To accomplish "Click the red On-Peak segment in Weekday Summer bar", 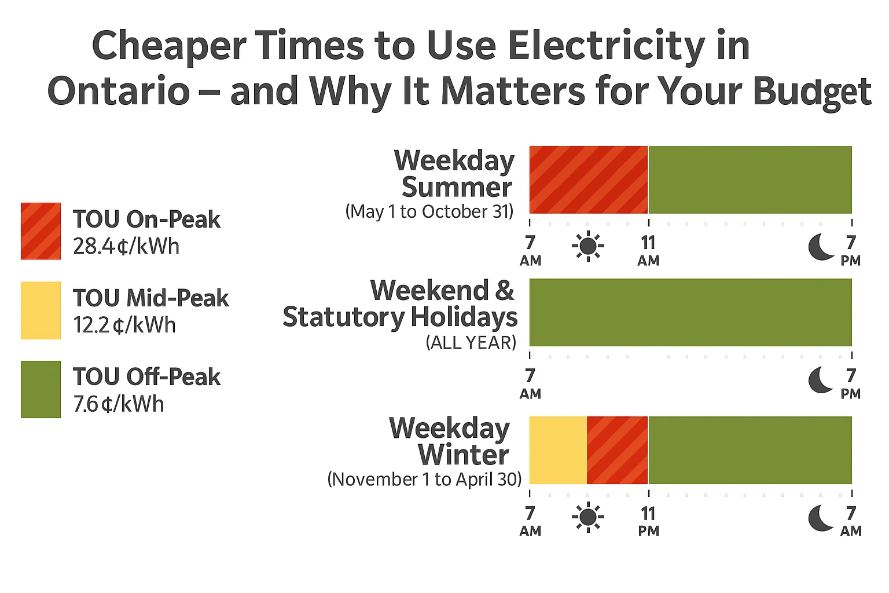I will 588,180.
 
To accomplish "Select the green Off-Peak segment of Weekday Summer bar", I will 750,180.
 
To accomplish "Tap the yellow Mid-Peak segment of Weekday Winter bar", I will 558,450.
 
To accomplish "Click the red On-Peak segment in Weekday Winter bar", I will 617,450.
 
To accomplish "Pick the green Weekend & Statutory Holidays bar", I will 690,312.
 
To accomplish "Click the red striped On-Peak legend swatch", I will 41,231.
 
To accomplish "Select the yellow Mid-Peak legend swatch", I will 41,310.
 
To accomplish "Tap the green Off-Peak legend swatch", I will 41,389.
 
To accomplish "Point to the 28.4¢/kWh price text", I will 126,247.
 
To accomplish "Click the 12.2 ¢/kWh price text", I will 124,325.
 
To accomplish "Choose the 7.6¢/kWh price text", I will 119,404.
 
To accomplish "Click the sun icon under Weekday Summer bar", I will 588,246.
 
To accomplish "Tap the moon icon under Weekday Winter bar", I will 821,517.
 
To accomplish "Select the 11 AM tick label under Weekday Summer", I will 648,250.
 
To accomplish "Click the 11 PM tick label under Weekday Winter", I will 648,521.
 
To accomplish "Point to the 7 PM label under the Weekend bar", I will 850,383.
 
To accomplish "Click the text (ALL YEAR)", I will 471,343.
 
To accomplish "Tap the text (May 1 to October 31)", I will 429,211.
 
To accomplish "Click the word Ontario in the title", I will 119,91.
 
